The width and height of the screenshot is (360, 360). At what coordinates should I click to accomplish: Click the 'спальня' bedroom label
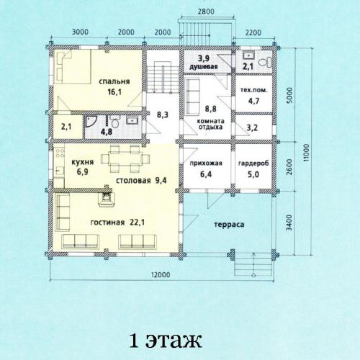114,82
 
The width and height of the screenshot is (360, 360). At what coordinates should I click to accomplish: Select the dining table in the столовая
125,158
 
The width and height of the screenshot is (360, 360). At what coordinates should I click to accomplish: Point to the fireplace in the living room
106,197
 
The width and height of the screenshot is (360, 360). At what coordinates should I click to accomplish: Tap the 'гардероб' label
253,163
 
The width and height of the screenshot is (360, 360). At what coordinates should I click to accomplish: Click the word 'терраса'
229,225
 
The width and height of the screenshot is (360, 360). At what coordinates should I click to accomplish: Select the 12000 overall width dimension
161,274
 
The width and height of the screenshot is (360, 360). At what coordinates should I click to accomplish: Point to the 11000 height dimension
306,153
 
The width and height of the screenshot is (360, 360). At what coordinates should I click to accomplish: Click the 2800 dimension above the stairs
206,12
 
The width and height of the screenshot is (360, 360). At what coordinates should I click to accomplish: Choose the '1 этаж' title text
166,340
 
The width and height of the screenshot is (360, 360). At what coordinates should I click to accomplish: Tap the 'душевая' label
204,67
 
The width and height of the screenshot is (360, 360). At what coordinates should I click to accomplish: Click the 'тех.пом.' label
253,91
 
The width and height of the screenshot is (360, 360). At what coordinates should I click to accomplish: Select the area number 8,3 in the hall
163,114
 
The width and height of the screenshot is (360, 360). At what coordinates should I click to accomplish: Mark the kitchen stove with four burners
59,153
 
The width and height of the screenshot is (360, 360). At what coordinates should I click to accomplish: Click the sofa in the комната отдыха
193,96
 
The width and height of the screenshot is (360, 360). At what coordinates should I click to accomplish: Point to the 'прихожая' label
206,163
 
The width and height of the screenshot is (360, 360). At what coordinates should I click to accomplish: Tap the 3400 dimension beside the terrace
289,222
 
